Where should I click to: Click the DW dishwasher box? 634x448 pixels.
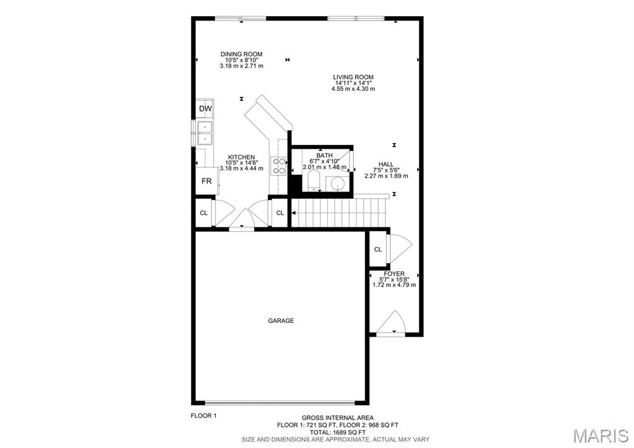[x=205, y=109]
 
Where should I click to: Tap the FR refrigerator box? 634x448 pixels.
[x=206, y=182]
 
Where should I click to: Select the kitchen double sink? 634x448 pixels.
[x=205, y=133]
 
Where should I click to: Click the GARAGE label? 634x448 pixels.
[x=281, y=321]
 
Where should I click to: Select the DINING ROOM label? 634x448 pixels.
[x=242, y=55]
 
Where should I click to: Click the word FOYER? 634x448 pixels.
[x=394, y=274]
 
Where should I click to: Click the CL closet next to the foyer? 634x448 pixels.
[x=377, y=250]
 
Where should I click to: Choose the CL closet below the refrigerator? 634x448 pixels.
[x=203, y=213]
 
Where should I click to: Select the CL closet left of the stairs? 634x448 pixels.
[x=280, y=213]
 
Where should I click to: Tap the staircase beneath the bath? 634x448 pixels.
[x=338, y=213]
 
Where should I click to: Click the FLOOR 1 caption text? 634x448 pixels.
[x=203, y=416]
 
